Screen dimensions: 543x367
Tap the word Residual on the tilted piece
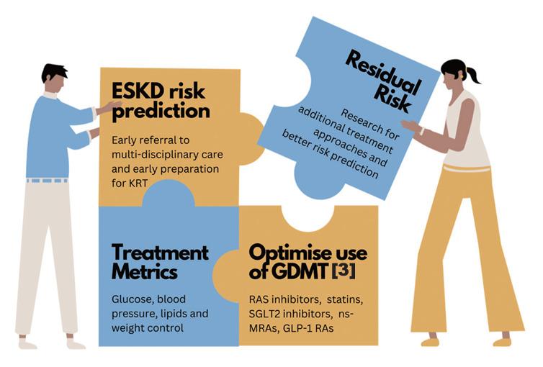[x=384, y=73]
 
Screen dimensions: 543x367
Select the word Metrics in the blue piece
[x=145, y=272]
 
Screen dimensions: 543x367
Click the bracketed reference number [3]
[x=344, y=271]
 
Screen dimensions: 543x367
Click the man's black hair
[x=54, y=72]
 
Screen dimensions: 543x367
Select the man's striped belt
[x=48, y=181]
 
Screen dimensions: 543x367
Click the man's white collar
[x=50, y=95]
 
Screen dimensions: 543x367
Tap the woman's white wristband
[x=422, y=131]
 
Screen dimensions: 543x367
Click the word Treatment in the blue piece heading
[x=160, y=253]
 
